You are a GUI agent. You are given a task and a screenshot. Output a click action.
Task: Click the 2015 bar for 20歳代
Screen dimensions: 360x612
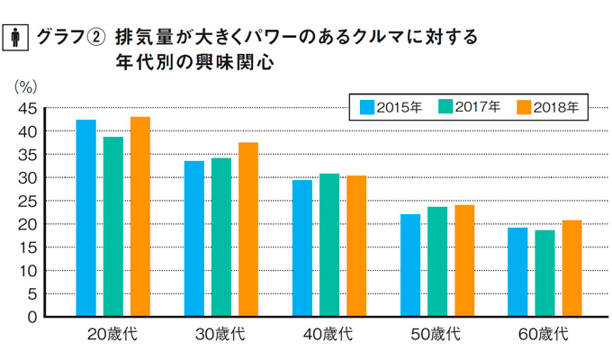pos(85,218)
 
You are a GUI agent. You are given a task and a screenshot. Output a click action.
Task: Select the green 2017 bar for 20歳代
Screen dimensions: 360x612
pos(113,227)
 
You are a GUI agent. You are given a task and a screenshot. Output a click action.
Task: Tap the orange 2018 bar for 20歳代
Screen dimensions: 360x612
pos(139,217)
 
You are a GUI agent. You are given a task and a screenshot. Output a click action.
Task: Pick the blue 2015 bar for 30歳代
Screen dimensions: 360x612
pos(193,238)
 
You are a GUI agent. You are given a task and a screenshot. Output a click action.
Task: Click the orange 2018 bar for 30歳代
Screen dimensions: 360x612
pos(248,229)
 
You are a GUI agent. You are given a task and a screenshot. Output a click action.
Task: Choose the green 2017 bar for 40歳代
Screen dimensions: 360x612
pos(329,245)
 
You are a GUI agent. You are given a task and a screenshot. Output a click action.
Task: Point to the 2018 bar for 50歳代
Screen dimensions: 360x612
pos(464,261)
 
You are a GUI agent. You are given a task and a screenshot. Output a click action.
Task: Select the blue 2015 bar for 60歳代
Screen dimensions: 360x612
pos(517,272)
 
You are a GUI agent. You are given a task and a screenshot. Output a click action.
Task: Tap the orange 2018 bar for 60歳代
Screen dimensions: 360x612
pos(571,268)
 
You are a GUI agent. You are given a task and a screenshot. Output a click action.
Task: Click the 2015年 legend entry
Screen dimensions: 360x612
pos(390,107)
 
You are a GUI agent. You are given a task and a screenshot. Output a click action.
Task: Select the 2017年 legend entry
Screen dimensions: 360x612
pos(468,107)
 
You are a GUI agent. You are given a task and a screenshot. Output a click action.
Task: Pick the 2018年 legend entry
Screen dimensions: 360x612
pos(547,107)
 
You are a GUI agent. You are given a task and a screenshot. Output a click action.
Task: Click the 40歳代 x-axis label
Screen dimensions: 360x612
pos(328,335)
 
